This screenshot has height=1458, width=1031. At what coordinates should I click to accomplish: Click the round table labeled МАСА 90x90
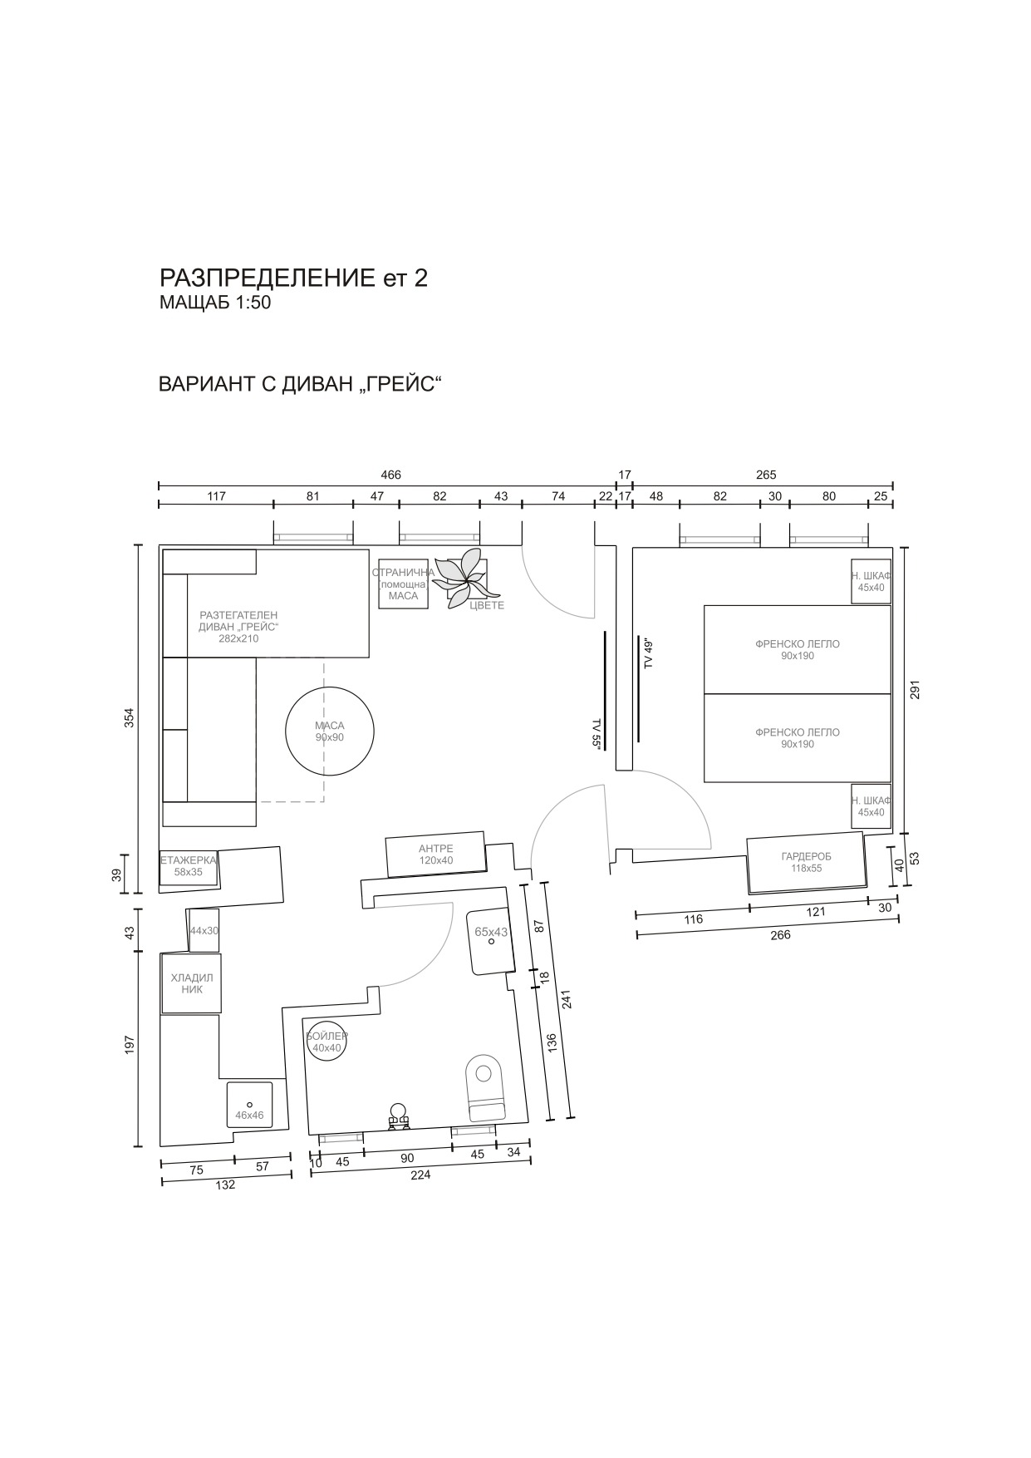pyautogui.click(x=330, y=731)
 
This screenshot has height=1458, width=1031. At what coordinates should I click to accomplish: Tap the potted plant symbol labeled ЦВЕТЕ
pyautogui.click(x=468, y=579)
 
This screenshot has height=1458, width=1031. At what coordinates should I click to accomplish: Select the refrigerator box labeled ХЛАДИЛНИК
pyautogui.click(x=192, y=983)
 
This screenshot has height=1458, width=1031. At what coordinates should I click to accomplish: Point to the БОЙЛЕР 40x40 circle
pyautogui.click(x=326, y=1040)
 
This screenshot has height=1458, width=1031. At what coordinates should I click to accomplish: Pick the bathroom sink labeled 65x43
pyautogui.click(x=489, y=941)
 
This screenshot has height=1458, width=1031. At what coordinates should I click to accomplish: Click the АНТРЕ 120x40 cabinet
pyautogui.click(x=436, y=854)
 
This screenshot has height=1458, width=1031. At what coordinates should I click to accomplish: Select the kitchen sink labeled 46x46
pyautogui.click(x=249, y=1105)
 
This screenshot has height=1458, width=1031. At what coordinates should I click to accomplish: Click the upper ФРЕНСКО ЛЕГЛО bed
pyautogui.click(x=798, y=649)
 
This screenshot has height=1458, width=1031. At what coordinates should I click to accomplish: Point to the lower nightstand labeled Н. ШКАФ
pyautogui.click(x=871, y=806)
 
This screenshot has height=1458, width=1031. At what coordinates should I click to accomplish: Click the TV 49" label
pyautogui.click(x=650, y=653)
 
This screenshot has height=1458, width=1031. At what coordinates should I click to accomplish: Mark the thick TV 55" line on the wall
pyautogui.click(x=605, y=690)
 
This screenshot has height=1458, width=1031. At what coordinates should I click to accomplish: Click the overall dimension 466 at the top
pyautogui.click(x=390, y=475)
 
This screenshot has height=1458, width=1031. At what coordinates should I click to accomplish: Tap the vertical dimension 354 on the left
pyautogui.click(x=129, y=717)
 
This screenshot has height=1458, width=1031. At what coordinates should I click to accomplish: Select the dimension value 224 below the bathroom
pyautogui.click(x=420, y=1175)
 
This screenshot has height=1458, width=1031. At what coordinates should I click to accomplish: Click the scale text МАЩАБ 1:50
pyautogui.click(x=215, y=303)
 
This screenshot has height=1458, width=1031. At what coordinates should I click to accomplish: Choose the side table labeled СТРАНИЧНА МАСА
pyautogui.click(x=404, y=584)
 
